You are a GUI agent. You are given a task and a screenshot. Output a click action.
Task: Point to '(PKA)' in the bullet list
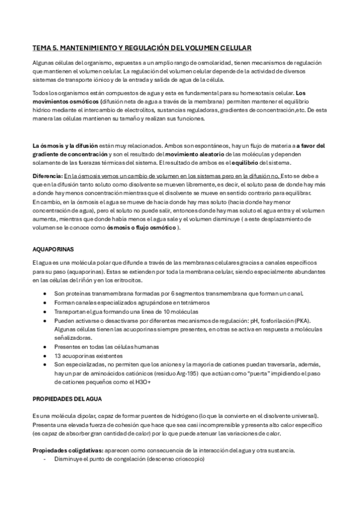click(x=316, y=321)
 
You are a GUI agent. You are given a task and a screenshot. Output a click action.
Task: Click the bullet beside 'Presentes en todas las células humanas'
click(x=46, y=347)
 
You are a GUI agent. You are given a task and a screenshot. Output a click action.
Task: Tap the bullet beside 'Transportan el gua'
click(x=46, y=313)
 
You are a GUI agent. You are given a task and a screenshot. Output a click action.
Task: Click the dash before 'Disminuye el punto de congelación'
click(x=46, y=459)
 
